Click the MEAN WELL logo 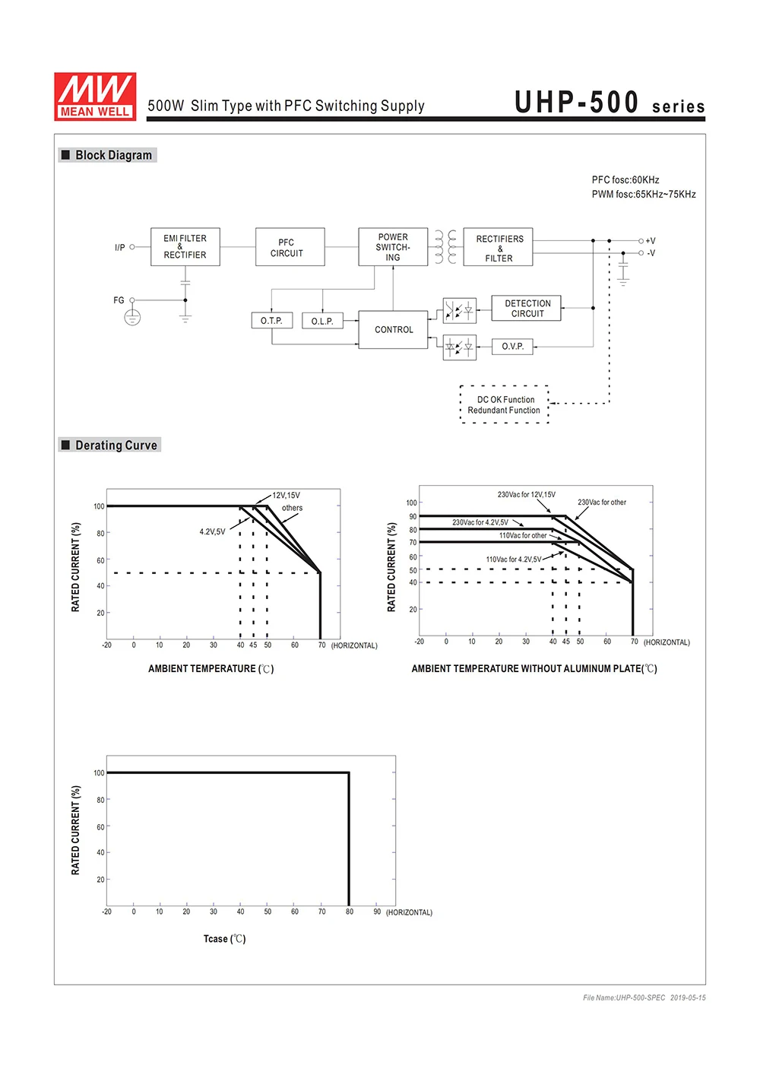(95, 97)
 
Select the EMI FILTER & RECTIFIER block (185, 247)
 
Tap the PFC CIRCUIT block (290, 247)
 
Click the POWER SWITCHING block (393, 247)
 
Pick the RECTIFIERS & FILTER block (499, 248)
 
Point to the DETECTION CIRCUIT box (527, 308)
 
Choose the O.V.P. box (512, 347)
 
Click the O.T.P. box (271, 321)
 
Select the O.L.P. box (322, 321)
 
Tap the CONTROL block (393, 330)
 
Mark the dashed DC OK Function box (504, 404)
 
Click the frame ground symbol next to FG (132, 317)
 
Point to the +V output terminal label (651, 241)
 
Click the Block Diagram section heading (113, 155)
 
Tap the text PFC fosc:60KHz (625, 180)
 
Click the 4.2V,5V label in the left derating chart (212, 531)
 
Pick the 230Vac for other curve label (602, 503)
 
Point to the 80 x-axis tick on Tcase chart (350, 912)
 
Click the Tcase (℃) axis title (224, 939)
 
